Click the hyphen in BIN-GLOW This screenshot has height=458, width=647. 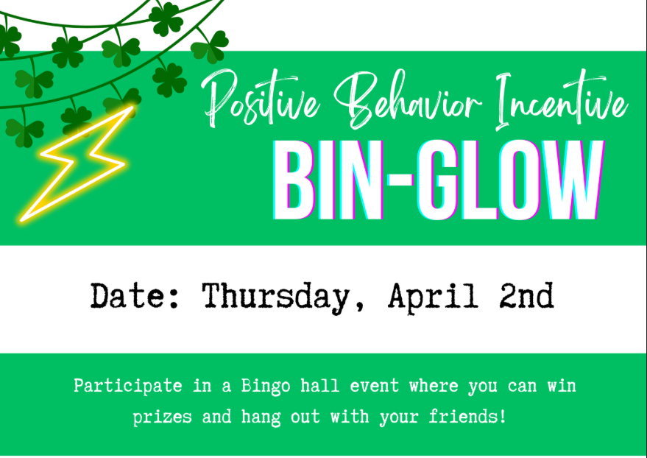point(400,180)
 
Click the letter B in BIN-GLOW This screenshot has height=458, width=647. point(295,180)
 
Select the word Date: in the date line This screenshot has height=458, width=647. point(135,295)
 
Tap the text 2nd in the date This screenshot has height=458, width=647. point(526,295)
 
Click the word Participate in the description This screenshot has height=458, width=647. point(128,387)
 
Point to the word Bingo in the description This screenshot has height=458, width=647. point(266,387)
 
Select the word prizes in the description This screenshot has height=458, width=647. point(162,418)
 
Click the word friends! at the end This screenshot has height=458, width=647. point(467,416)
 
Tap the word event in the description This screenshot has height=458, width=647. point(375,387)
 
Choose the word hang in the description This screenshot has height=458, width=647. point(261,417)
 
